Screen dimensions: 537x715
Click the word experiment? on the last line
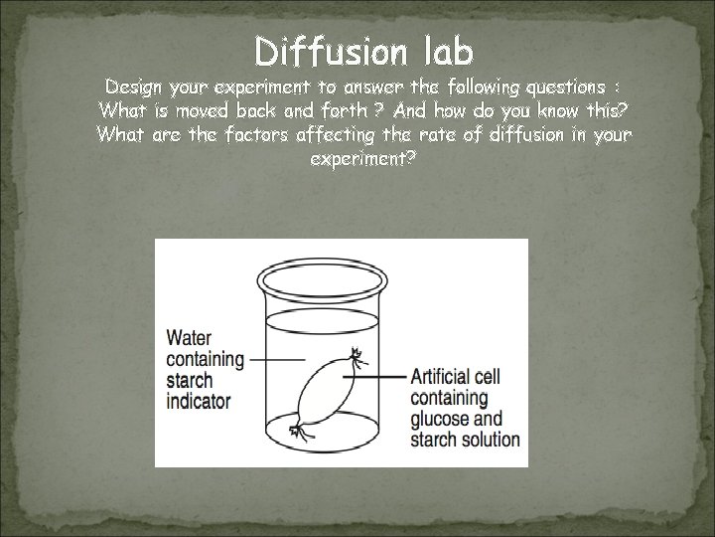tap(357, 158)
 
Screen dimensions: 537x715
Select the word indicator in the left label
tap(199, 403)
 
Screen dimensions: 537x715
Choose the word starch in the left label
tap(191, 381)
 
